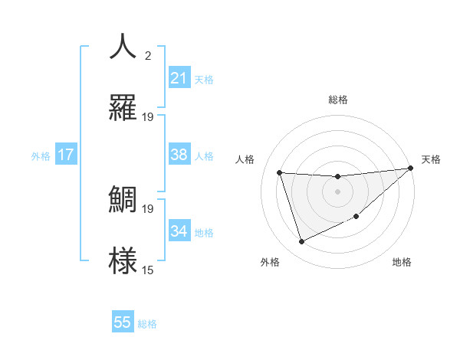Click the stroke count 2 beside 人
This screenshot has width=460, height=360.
tap(148, 56)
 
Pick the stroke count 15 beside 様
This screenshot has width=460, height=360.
tap(148, 270)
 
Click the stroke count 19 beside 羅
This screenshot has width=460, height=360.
tap(148, 117)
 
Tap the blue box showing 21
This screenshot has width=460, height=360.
tap(179, 78)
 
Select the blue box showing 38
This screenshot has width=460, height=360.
tap(179, 155)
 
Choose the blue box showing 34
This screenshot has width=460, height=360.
tap(179, 231)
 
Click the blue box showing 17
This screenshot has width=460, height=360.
tap(66, 155)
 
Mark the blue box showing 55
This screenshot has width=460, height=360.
tap(123, 322)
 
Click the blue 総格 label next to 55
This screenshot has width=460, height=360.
tap(147, 324)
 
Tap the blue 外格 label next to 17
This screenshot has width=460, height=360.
tap(41, 156)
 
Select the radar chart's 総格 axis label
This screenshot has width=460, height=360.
tap(337, 100)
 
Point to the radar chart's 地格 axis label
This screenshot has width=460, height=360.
tap(402, 262)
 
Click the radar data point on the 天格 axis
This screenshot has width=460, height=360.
tap(410, 169)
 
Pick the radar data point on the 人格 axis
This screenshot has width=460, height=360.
tap(280, 172)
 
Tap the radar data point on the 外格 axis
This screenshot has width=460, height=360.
tap(301, 242)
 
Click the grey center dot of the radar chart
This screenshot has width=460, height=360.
tap(337, 191)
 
